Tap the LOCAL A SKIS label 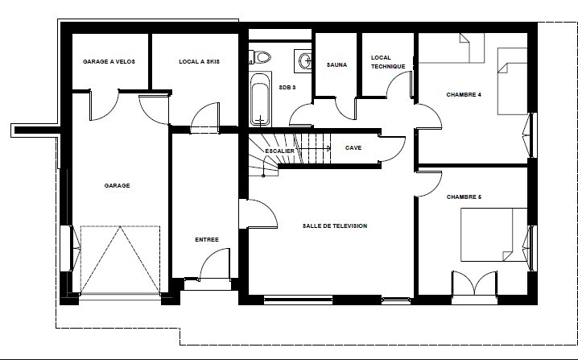[199, 61]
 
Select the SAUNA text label [336, 64]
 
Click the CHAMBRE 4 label [463, 95]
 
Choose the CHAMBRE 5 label [463, 196]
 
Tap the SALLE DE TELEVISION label [334, 226]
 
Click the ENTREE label [207, 239]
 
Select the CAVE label [353, 148]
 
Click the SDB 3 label [287, 86]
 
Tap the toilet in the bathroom [262, 57]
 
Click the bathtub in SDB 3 [258, 100]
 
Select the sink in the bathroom [303, 60]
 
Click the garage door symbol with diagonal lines [121, 259]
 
